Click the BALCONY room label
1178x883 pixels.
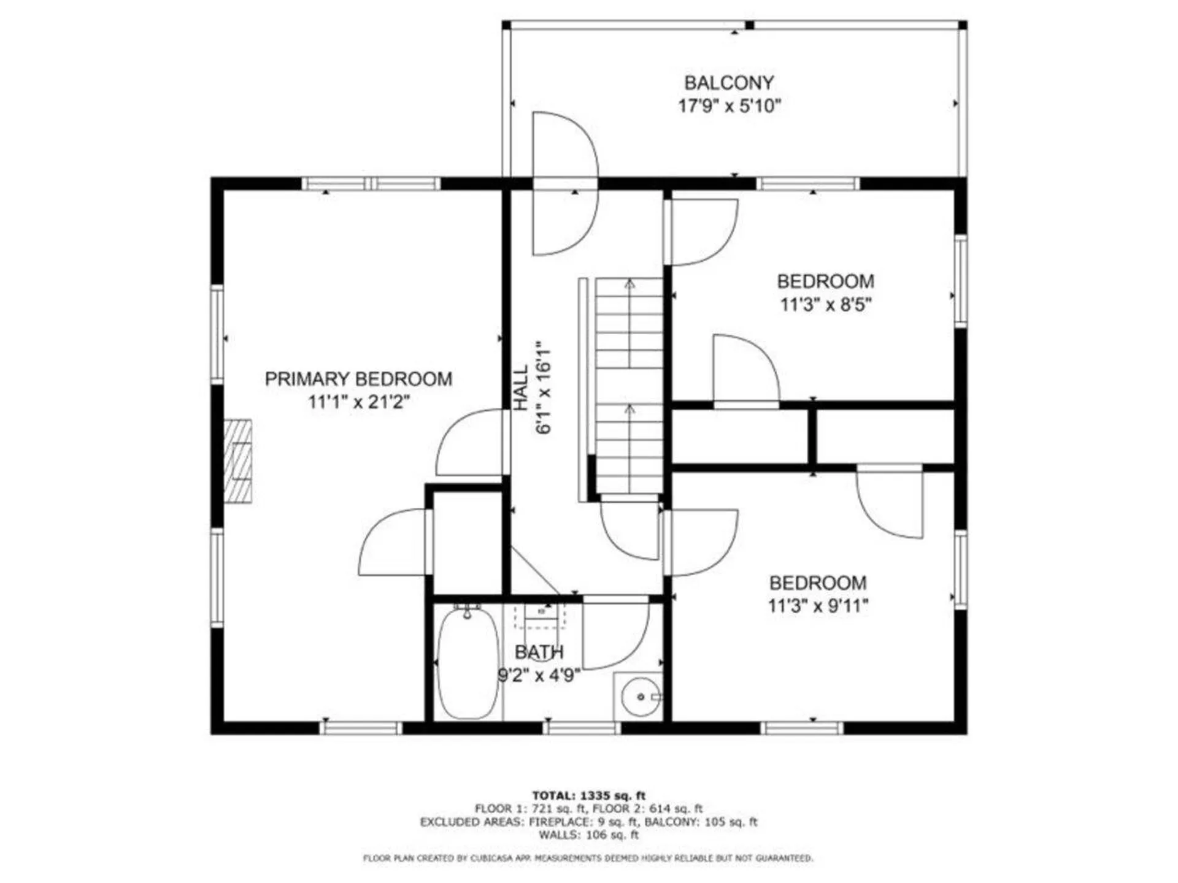[x=729, y=83]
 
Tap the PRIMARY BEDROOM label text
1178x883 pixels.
[x=358, y=379]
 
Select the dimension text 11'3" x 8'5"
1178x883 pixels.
[x=825, y=305]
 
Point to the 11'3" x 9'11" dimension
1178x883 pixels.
[x=818, y=606]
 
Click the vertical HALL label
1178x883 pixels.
[x=521, y=388]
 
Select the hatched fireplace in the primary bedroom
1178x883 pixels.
[x=237, y=461]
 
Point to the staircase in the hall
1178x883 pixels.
[x=629, y=386]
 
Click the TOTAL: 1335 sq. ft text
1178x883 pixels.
[x=588, y=796]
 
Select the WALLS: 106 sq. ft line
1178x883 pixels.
[x=588, y=835]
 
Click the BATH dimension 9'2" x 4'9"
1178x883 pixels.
[x=539, y=676]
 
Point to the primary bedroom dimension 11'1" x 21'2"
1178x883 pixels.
[x=358, y=403]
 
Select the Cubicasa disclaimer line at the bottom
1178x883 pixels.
[x=588, y=858]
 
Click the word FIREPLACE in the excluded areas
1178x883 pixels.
[x=558, y=822]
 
